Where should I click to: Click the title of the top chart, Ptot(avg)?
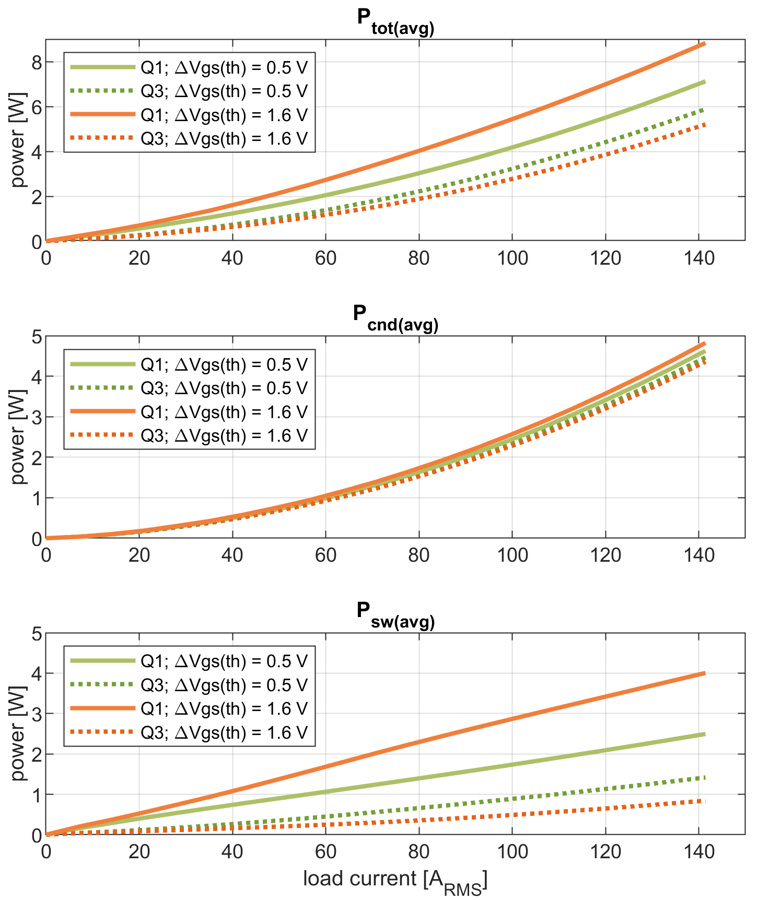pos(395,21)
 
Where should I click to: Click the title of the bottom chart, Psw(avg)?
pos(395,614)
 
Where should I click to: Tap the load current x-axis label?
pos(395,879)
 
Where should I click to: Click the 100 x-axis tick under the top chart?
pos(512,258)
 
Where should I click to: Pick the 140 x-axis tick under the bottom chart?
pos(698,852)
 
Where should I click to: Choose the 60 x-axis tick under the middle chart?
pos(325,555)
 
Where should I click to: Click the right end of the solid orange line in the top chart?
pos(704,44)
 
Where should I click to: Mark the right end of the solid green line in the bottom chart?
pos(704,735)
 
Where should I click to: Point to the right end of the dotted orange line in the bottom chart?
pos(704,801)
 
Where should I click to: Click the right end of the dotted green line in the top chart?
pos(704,110)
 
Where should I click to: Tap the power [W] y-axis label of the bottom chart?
pos(18,733)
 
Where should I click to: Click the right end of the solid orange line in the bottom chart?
pos(704,673)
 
